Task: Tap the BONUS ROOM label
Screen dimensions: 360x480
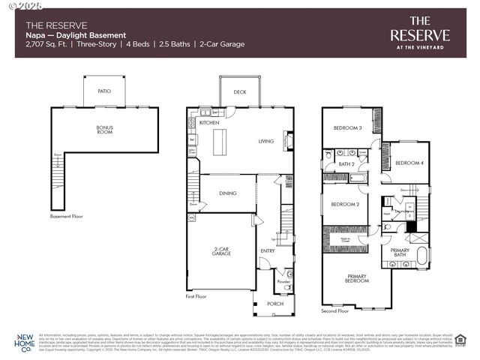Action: [x=104, y=130]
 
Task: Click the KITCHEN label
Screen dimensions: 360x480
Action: [x=208, y=121]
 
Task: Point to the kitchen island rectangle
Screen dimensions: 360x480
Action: [x=221, y=141]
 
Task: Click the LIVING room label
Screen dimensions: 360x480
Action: [x=266, y=141]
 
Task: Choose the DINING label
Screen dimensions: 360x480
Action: [x=228, y=193]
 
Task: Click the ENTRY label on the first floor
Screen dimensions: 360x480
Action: [x=267, y=250]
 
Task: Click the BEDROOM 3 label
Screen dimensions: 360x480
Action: [x=349, y=128]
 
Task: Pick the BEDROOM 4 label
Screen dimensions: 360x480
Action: [x=409, y=163]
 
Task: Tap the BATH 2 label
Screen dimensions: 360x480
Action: [x=346, y=163]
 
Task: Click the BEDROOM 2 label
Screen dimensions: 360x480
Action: [x=346, y=204]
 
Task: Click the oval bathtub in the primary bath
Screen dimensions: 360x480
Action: [x=421, y=255]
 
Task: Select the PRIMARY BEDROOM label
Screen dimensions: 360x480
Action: [x=357, y=278]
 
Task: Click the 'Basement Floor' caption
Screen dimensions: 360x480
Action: [x=66, y=216]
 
